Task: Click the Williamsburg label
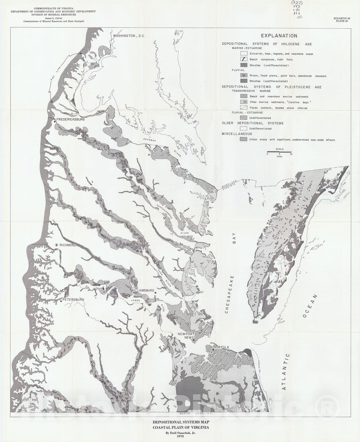143,291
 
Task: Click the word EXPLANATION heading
279,36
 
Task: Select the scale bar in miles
279,152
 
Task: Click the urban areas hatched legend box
243,140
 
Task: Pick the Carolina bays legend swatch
243,102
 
